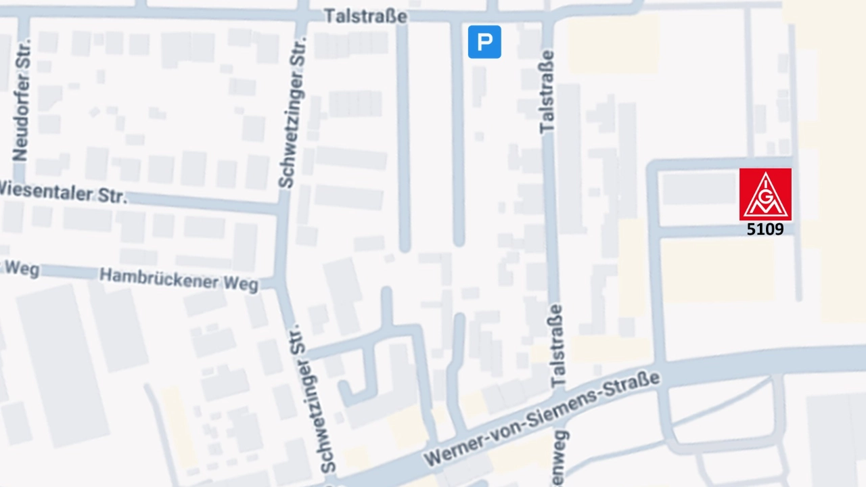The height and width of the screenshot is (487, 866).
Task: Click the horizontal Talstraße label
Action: [x=365, y=16]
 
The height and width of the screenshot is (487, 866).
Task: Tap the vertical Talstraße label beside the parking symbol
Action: [x=547, y=91]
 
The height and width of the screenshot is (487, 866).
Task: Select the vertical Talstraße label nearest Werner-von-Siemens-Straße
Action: [x=556, y=346]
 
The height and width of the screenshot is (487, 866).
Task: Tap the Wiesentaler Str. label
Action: [x=61, y=191]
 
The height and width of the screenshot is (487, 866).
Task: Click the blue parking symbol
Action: [x=484, y=42]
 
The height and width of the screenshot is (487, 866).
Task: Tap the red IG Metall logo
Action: [x=765, y=194]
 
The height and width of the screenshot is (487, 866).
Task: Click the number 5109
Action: [x=765, y=229]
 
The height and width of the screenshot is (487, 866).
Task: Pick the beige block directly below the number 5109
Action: [x=717, y=271]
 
